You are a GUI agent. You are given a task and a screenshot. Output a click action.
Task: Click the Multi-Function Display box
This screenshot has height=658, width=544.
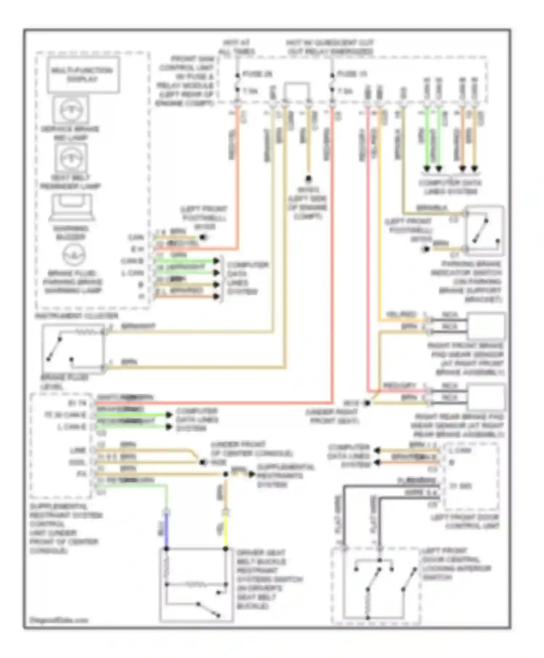[x=83, y=75]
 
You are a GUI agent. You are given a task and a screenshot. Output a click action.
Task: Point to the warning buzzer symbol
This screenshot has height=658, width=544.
[x=71, y=207]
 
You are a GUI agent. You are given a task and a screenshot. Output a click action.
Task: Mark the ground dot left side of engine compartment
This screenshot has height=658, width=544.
[x=309, y=178]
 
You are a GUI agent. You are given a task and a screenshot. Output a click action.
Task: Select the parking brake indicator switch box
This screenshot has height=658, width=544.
[x=484, y=231]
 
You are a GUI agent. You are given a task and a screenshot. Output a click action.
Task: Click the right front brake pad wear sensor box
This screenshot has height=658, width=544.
[x=486, y=326]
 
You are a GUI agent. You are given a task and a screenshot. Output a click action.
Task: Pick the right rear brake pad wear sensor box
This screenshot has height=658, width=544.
[x=486, y=396]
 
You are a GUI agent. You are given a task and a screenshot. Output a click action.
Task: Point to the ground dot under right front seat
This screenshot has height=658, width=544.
[x=367, y=403]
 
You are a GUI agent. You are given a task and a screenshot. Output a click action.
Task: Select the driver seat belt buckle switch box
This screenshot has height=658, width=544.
[x=196, y=584]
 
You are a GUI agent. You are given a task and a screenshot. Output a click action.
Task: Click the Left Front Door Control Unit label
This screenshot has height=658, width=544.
[x=465, y=522]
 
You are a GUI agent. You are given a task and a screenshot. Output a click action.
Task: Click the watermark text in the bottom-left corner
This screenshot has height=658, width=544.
[x=59, y=620]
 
